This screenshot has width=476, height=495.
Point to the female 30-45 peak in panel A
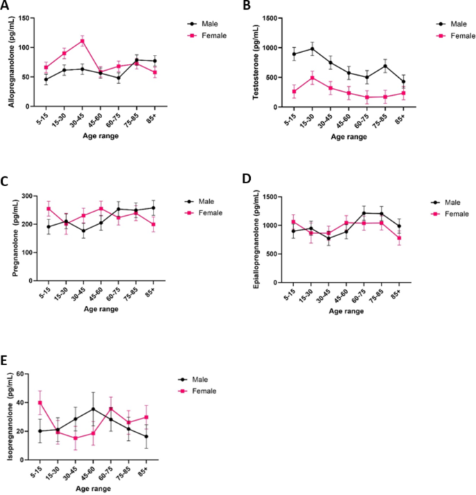click(x=82, y=41)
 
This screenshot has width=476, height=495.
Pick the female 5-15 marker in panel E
click(x=40, y=403)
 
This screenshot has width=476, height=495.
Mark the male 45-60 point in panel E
click(x=93, y=409)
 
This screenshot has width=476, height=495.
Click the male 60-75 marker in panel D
click(x=363, y=213)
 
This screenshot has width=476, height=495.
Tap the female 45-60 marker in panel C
click(x=100, y=208)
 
